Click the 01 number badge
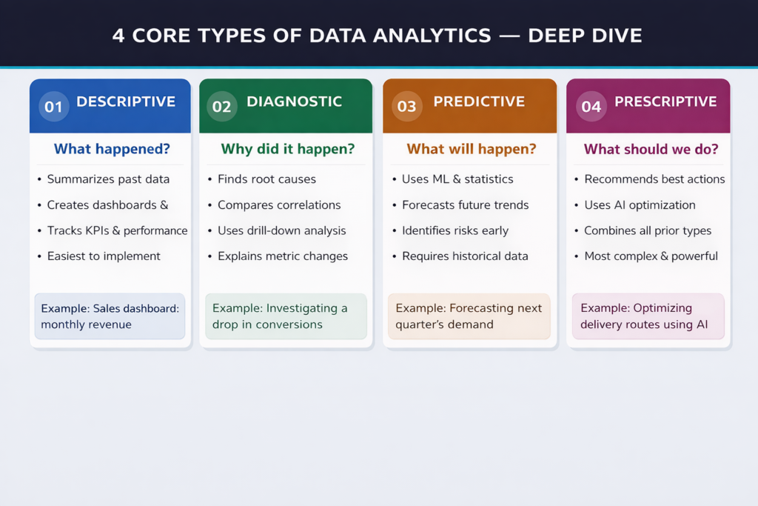tap(53, 107)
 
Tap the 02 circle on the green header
tap(222, 107)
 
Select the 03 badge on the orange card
tap(406, 107)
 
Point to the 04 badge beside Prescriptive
tap(591, 107)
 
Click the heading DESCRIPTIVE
tap(126, 102)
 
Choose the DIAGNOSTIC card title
tap(294, 102)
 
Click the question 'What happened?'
tap(112, 150)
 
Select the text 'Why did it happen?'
tap(287, 150)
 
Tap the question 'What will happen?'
tap(471, 150)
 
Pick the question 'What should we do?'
tap(651, 150)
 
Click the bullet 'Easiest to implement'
tap(104, 256)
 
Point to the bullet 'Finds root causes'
tap(266, 179)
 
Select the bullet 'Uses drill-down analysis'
tap(281, 230)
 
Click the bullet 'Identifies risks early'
tap(455, 230)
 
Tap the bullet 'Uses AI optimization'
tap(640, 205)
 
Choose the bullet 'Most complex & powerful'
tap(651, 256)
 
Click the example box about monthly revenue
tap(110, 316)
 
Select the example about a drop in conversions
tap(286, 316)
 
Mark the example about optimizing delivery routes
tap(648, 316)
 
